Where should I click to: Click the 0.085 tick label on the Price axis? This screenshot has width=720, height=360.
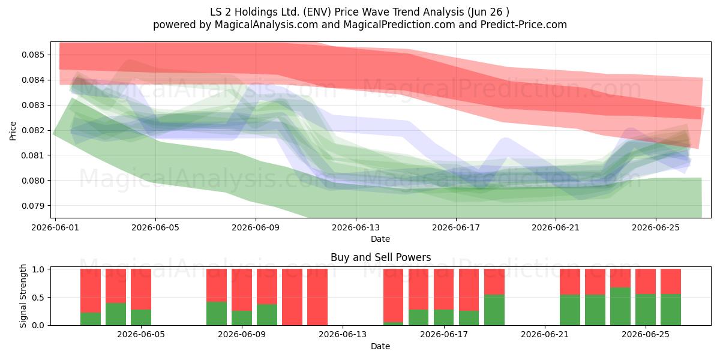tap(33, 55)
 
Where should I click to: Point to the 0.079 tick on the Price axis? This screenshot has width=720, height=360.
tap(33, 205)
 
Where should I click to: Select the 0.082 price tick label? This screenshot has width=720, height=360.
tap(33, 130)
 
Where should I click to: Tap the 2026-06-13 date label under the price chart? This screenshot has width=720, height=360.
tap(356, 227)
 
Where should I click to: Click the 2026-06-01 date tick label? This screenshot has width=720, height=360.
tap(55, 227)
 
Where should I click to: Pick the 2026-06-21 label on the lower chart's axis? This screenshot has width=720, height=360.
tap(545, 334)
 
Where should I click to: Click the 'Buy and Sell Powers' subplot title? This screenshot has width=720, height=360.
tap(380, 257)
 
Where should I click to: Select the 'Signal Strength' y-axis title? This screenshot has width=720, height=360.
tap(23, 296)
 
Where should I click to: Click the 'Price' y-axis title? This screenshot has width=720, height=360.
tap(13, 131)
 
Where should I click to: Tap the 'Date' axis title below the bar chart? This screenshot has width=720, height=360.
tap(380, 346)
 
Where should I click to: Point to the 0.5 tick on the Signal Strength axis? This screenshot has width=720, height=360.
tap(38, 298)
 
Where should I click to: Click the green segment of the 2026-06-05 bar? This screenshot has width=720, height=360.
tap(141, 317)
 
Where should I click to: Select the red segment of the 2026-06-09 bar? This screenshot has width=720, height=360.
tap(242, 290)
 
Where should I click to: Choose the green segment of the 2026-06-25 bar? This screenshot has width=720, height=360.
tap(646, 310)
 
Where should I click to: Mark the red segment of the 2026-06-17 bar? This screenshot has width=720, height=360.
tap(444, 289)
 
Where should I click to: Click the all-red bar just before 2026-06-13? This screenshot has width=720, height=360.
tap(317, 297)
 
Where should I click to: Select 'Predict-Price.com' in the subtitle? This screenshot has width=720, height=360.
tap(524, 25)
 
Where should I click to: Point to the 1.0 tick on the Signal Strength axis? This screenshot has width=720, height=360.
tap(38, 269)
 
